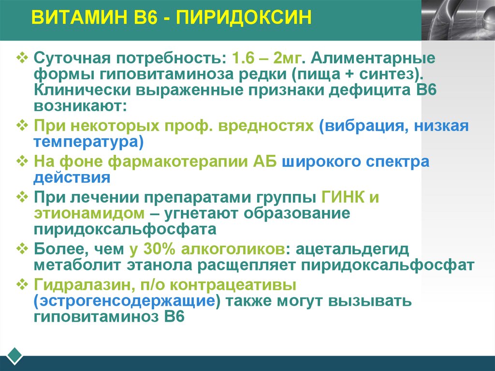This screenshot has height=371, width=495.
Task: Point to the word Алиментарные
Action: point(373,59)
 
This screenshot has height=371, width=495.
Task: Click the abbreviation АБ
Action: point(265,162)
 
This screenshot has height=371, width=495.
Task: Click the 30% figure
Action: point(157,250)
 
